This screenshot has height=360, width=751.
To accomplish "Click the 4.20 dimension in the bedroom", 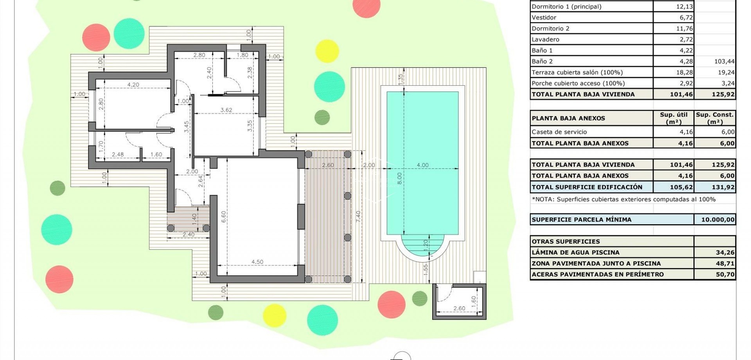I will click(133, 85).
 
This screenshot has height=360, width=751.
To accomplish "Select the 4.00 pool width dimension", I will click(422, 165).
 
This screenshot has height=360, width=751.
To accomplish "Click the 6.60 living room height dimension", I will click(223, 217).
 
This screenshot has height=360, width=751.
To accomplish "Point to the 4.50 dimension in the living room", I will click(257, 262).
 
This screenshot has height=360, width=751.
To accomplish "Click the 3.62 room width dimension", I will click(226, 110).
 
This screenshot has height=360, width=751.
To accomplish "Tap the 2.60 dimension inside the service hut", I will click(459, 308).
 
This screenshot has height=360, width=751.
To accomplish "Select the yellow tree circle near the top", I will click(327, 51).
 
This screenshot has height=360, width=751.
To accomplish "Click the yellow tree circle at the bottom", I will click(274, 315).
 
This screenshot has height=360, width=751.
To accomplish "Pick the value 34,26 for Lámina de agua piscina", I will click(725, 252).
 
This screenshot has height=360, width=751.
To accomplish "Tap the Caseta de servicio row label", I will click(559, 132).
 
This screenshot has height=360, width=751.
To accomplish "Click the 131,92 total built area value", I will click(723, 187).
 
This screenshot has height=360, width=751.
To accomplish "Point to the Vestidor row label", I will click(544, 18).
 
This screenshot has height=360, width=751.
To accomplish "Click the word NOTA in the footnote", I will click(543, 199).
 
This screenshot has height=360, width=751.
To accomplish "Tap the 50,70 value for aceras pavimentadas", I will click(725, 274).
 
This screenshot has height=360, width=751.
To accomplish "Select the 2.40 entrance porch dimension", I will click(188, 234).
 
